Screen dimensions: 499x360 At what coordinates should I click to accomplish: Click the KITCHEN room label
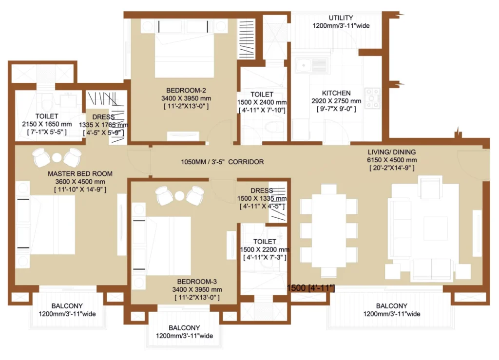(336, 93)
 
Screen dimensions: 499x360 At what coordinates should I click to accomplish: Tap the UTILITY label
(341, 18)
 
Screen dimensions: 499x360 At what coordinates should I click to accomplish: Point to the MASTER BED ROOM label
(80, 173)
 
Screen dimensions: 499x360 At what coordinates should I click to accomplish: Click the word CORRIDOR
(246, 162)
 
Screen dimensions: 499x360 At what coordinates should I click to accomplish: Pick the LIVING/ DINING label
(392, 152)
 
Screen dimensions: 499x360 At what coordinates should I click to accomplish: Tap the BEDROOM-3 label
(197, 282)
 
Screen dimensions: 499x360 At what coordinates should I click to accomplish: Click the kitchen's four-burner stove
(372, 98)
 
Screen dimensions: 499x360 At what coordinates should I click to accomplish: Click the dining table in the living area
(329, 230)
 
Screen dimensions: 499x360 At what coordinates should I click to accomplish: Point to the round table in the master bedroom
(57, 157)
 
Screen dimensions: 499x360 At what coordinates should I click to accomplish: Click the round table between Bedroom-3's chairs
(179, 196)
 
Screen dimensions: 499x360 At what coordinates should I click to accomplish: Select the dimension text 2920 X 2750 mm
(336, 101)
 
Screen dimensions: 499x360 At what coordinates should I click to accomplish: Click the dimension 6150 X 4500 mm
(392, 160)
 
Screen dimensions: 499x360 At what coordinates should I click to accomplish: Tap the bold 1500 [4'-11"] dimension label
(311, 288)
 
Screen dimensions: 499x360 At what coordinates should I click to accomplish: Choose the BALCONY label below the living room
(391, 306)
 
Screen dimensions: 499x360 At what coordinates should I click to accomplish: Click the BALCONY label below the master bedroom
(67, 306)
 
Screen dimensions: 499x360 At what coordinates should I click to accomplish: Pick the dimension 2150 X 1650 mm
(47, 124)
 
